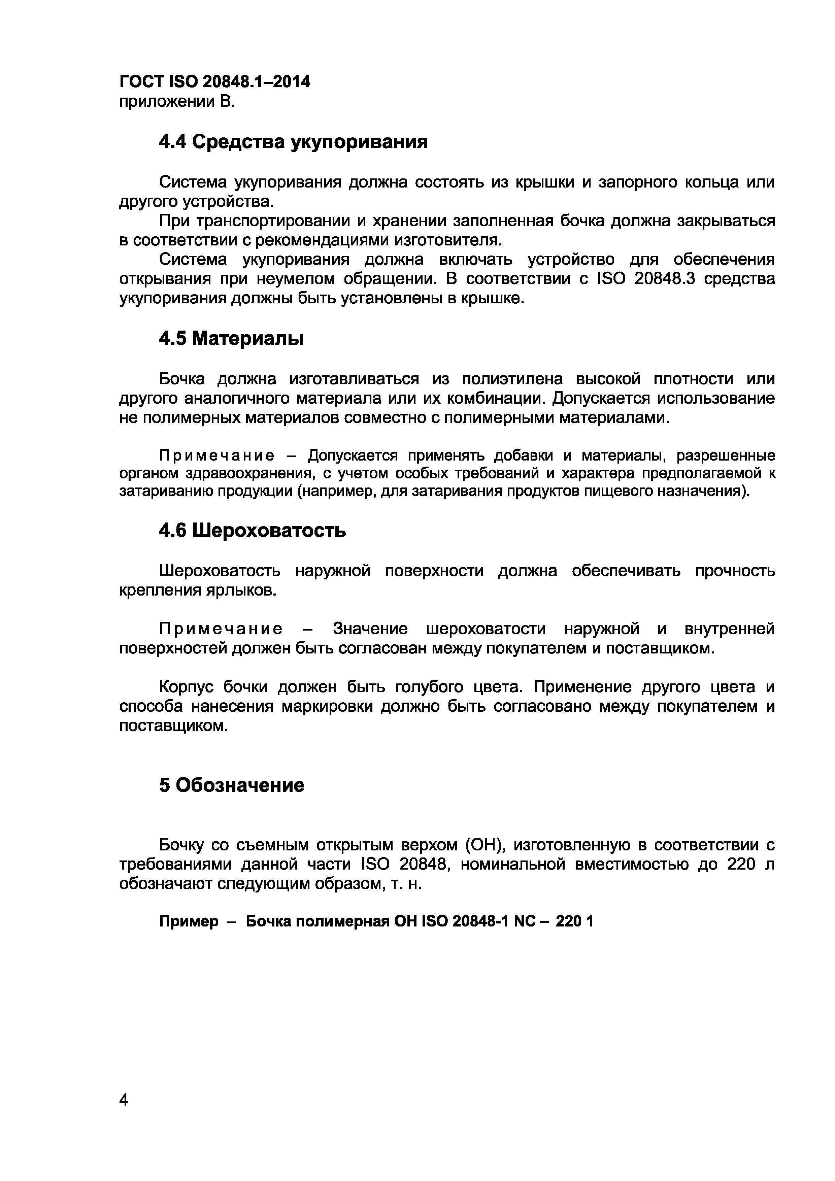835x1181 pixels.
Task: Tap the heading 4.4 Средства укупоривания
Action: click(293, 141)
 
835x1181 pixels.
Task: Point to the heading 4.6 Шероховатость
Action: click(252, 530)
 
